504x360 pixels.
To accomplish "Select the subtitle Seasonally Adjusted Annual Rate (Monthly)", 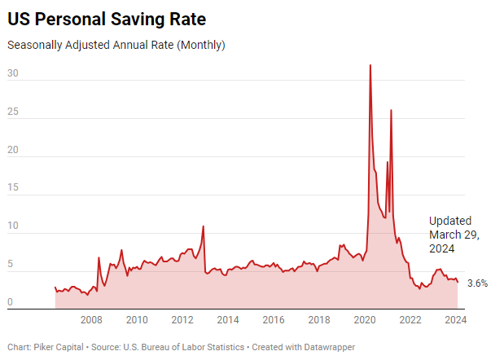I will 116,45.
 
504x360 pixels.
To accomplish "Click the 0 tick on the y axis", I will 10,303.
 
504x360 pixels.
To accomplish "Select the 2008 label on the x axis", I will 90,320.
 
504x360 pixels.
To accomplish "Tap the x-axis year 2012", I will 182,320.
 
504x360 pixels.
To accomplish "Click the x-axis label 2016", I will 273,320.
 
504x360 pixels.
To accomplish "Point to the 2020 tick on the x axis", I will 364,320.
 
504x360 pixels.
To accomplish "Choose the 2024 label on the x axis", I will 455,320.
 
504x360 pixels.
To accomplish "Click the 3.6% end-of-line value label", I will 477,283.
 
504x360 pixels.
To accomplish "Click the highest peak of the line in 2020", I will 370,65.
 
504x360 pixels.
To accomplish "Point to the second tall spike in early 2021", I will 391,110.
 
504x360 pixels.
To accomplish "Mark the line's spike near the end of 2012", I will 203,226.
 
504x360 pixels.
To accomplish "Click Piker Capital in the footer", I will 59,347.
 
